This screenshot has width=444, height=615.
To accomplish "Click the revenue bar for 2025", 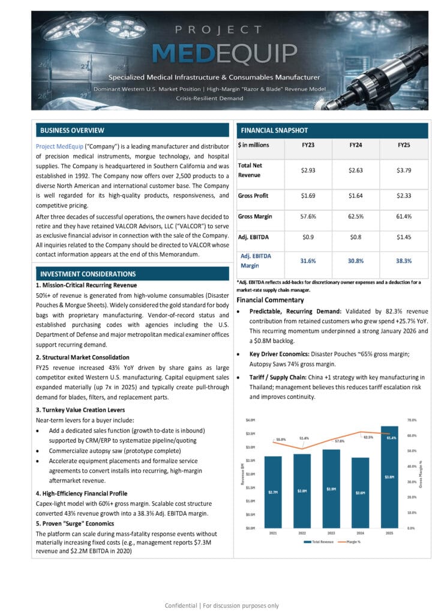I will [389, 477].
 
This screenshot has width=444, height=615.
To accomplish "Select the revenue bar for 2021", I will [273, 492].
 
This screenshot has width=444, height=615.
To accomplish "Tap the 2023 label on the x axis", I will [331, 533].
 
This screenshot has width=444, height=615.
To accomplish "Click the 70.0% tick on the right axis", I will [412, 419].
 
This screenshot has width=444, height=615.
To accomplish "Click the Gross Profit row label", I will [253, 196].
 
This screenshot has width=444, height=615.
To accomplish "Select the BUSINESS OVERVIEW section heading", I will [72, 130].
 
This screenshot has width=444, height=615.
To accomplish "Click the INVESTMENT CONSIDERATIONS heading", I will [88, 274].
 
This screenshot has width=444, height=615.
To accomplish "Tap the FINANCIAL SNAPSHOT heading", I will [274, 130].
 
